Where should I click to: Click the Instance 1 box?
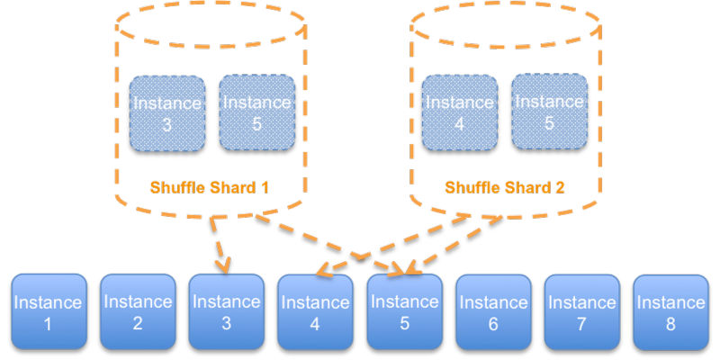coord(49,311)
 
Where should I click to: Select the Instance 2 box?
coord(138,311)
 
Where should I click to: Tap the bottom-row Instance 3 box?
coord(226,311)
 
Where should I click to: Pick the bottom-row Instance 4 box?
coord(315,311)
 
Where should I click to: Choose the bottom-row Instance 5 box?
coord(404,311)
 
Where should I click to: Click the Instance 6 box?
coord(493,311)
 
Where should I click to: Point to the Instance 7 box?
coord(581,311)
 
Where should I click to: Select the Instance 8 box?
coord(670,311)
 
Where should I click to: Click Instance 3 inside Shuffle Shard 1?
coord(167,112)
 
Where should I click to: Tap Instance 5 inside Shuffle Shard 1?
coord(256,112)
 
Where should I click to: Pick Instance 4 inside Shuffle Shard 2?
coord(460,112)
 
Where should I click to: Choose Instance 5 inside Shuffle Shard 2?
coord(549,112)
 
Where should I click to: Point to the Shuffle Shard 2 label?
coord(504,188)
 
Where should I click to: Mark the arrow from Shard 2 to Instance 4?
coord(405,243)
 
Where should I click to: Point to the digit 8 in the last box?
coord(670,324)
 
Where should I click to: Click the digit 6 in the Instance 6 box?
coord(493,324)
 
